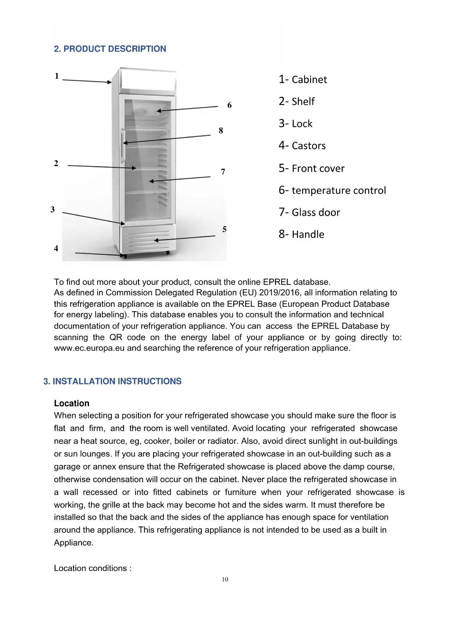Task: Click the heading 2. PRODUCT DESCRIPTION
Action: click(x=110, y=49)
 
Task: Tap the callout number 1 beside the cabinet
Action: click(x=57, y=76)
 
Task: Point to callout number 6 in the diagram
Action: click(x=230, y=106)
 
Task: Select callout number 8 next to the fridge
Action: click(x=221, y=131)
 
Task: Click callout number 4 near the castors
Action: click(x=56, y=249)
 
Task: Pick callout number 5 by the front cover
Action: click(x=224, y=230)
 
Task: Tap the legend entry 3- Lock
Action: click(x=296, y=124)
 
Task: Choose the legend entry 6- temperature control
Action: click(x=332, y=190)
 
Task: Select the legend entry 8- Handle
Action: click(x=301, y=234)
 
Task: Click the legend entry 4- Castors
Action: click(x=302, y=146)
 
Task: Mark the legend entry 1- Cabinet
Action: click(x=303, y=79)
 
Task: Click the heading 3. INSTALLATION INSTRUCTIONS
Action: click(x=112, y=381)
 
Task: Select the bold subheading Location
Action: click(x=72, y=404)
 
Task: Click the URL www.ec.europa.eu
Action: click(x=89, y=348)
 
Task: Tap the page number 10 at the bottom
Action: click(x=225, y=579)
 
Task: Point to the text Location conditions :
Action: click(x=93, y=568)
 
